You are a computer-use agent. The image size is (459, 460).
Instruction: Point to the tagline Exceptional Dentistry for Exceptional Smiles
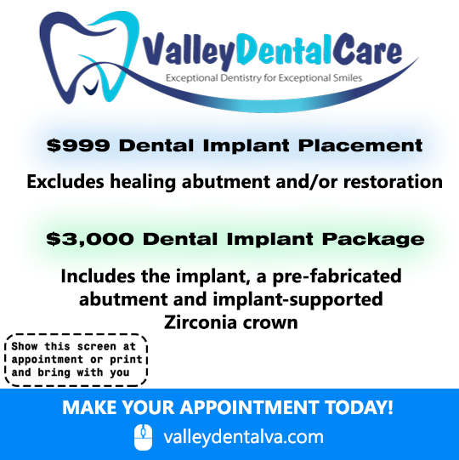point(264,78)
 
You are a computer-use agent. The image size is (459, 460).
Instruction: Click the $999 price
point(78,145)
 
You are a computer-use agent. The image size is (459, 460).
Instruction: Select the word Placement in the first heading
point(360,145)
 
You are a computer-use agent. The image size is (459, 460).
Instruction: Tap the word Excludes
point(65,181)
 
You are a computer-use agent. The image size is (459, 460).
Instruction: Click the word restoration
point(393,182)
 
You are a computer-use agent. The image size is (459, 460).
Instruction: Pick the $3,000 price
point(90,239)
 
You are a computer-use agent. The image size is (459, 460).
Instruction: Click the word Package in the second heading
point(373,240)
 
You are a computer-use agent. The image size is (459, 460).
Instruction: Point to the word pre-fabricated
point(337,276)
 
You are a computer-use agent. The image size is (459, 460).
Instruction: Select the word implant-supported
point(298,299)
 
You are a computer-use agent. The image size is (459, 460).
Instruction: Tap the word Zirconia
point(201,322)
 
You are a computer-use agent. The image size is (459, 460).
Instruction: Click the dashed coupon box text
point(76,360)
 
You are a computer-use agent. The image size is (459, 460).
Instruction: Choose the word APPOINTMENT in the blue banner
point(249,407)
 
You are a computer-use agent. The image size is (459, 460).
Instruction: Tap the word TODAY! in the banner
point(359,407)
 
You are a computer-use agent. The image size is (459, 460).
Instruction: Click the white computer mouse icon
point(143,437)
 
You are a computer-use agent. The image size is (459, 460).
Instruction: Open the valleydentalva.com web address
point(243,437)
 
